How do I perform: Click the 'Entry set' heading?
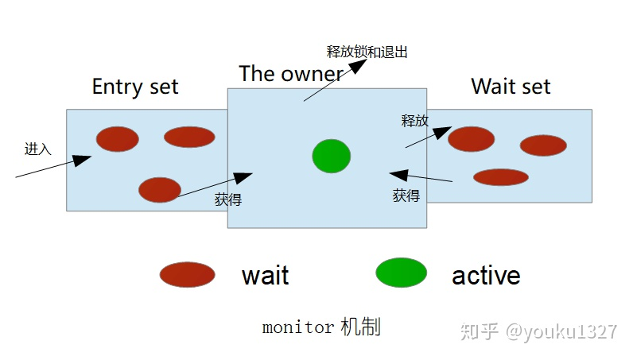[135, 87]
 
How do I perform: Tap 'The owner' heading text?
[291, 74]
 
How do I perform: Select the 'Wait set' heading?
[511, 87]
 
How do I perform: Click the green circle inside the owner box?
[331, 156]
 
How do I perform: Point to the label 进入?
[37, 149]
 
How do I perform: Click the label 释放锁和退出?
[367, 52]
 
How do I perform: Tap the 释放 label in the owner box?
[414, 121]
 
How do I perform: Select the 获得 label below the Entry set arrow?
[227, 200]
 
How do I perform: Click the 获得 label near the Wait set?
[406, 195]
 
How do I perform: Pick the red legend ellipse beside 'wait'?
[187, 275]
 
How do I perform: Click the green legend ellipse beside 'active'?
[401, 273]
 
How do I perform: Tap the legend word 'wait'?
[265, 276]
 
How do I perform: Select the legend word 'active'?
[486, 276]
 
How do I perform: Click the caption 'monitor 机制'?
[321, 327]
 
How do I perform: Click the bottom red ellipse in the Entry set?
[160, 190]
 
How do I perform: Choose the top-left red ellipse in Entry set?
[118, 139]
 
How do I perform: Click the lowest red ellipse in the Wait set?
[501, 177]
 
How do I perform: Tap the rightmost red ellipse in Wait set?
[543, 145]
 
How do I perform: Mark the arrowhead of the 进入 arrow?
[83, 159]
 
